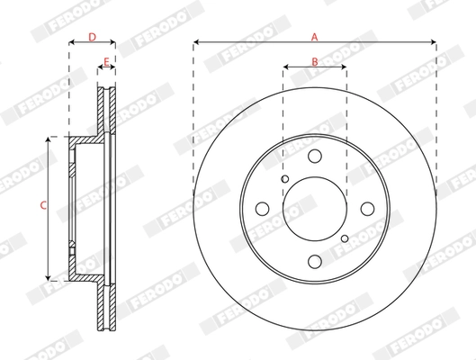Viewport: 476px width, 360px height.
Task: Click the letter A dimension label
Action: pos(314,36)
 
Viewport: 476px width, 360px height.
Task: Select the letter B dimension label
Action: pos(314,61)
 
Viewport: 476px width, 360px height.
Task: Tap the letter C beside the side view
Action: pos(41,206)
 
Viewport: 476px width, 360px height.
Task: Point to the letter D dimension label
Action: pos(92,36)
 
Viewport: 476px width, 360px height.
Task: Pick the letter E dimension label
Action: pos(106,61)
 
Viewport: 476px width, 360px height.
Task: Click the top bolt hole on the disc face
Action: pos(314,157)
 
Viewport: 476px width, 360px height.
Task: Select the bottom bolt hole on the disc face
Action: pos(314,262)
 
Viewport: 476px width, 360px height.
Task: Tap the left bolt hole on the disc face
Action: pos(262,209)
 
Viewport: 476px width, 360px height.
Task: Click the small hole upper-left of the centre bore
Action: pos(284,179)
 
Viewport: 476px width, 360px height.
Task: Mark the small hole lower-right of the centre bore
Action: pos(345,238)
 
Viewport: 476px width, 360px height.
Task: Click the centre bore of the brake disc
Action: pos(314,209)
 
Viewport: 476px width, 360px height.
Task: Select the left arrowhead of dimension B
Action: pos(286,67)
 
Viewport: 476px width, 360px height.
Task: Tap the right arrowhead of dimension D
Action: pos(113,41)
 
